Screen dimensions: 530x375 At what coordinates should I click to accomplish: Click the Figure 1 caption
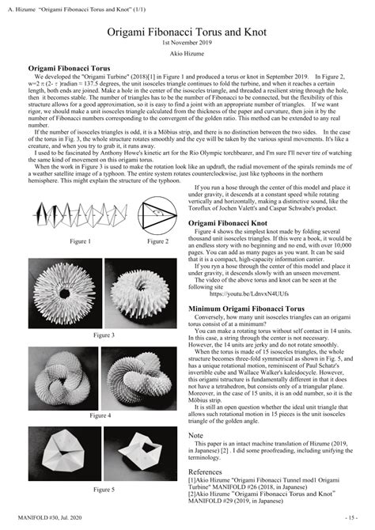pyautogui.click(x=79, y=240)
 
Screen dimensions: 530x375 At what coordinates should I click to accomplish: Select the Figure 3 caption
pyautogui.click(x=104, y=335)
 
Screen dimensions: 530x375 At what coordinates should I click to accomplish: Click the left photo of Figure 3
pyautogui.click(x=66, y=292)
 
